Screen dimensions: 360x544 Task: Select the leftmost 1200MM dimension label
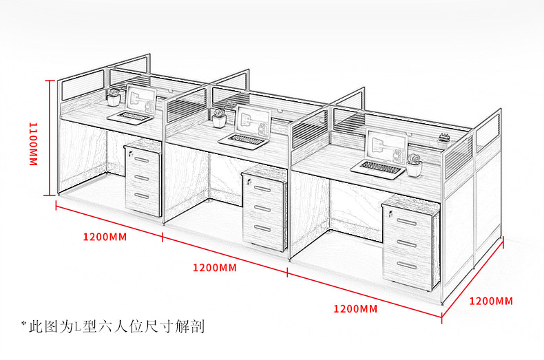pyautogui.click(x=105, y=237)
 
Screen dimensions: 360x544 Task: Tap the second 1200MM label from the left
pyautogui.click(x=214, y=267)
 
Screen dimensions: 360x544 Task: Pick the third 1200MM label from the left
pyautogui.click(x=355, y=309)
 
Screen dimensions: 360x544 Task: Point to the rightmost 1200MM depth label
pyautogui.click(x=491, y=301)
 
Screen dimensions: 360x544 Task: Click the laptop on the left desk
pyautogui.click(x=130, y=116)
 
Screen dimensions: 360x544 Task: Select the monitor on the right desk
pyautogui.click(x=385, y=145)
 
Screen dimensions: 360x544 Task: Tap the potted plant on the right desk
pyautogui.click(x=415, y=165)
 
